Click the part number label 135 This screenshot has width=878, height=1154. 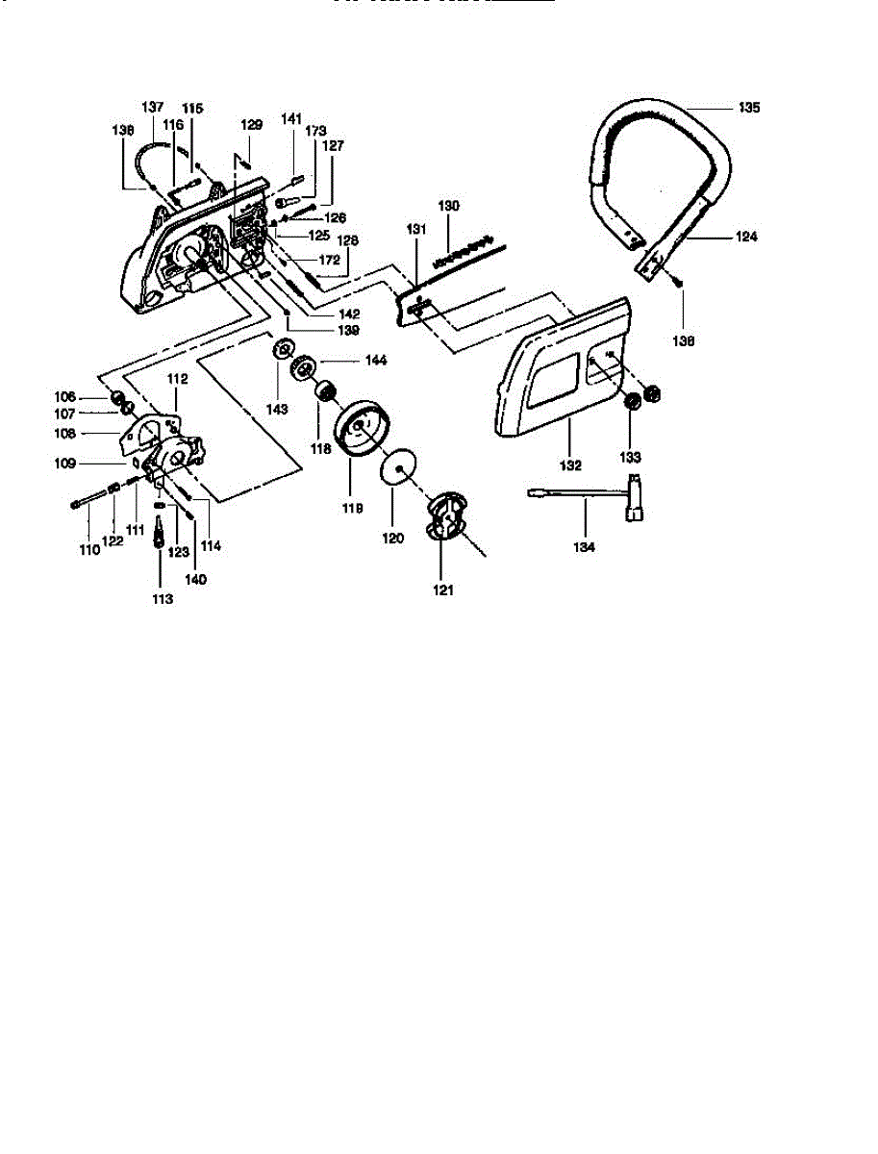[749, 109]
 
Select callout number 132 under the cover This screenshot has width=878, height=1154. [570, 465]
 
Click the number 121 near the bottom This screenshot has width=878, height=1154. [443, 590]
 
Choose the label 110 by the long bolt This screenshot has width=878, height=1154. [88, 550]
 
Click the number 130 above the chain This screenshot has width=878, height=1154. [449, 206]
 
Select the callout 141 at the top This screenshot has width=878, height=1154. [291, 118]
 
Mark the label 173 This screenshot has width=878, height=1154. [315, 130]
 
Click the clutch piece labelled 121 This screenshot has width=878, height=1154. [444, 513]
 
